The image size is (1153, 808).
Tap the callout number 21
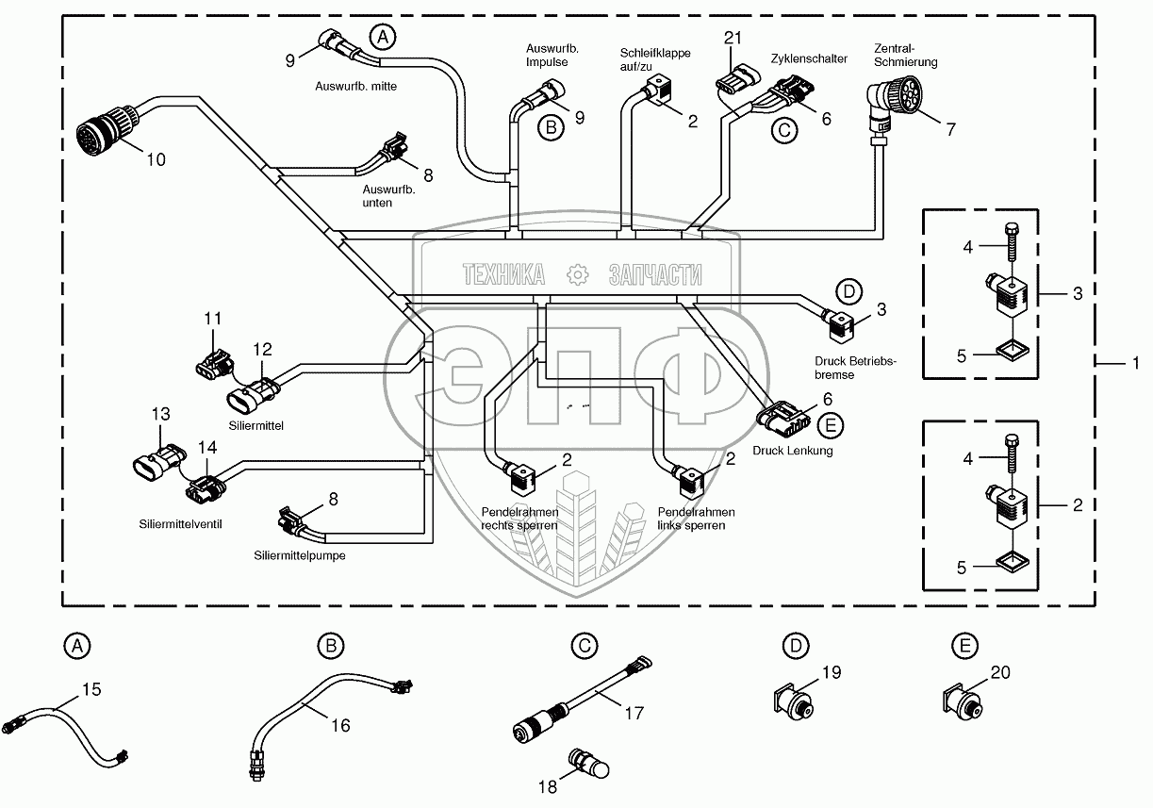(733, 38)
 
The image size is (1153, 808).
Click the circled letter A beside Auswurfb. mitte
(383, 38)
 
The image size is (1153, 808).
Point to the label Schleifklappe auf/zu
(654, 59)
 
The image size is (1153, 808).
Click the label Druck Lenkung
(792, 451)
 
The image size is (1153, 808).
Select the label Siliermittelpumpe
(299, 555)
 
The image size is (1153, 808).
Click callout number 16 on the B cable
(340, 725)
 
